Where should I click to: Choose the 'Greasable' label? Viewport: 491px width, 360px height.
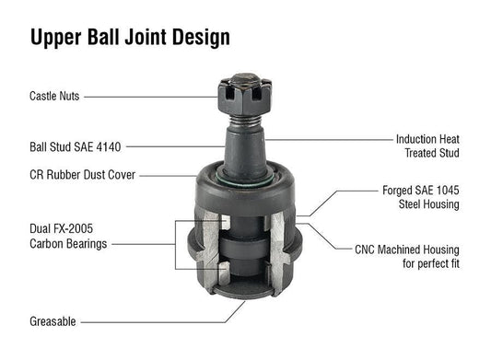(53, 321)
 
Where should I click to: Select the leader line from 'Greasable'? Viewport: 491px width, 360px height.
(147, 321)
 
